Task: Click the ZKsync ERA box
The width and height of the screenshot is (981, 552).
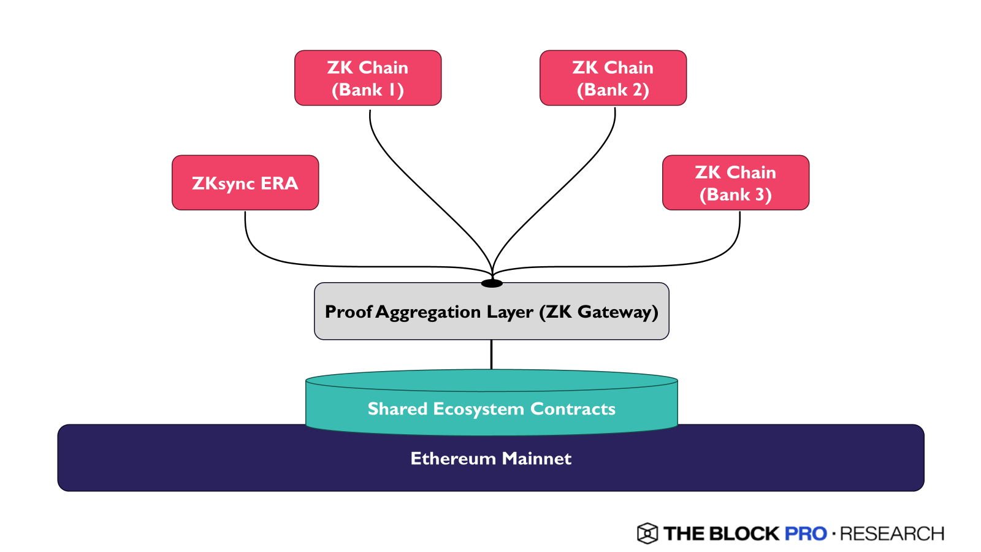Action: (x=245, y=183)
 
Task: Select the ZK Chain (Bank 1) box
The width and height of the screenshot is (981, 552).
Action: (x=368, y=78)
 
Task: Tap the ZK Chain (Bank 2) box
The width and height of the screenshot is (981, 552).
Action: (x=613, y=78)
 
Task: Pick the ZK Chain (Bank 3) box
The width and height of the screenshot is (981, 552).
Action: (x=736, y=183)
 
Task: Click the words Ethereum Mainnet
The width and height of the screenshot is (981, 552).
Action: (x=491, y=459)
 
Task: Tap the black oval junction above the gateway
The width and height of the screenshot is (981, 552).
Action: (x=492, y=283)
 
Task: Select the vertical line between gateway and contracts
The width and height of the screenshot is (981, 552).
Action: (x=491, y=355)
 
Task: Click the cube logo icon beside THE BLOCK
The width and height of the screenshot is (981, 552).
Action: (x=647, y=534)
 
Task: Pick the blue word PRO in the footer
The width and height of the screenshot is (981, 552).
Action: (x=806, y=534)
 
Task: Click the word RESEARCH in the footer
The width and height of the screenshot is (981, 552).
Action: (x=892, y=534)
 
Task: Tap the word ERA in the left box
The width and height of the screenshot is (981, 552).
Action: (x=280, y=183)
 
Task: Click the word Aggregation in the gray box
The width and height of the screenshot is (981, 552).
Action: (x=428, y=312)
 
